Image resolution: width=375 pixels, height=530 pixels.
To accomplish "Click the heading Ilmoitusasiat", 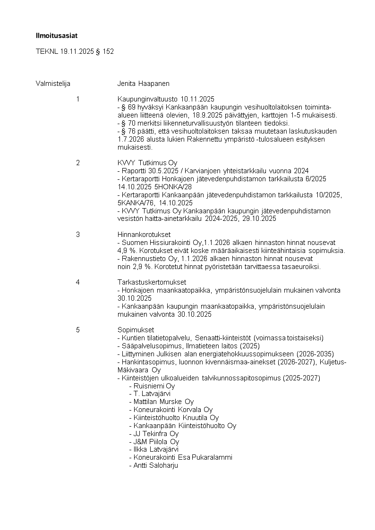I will tap(57, 35).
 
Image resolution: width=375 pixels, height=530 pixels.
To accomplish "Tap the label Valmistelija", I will tap(53, 84).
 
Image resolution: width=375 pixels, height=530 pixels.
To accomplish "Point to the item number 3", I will tap(78, 234).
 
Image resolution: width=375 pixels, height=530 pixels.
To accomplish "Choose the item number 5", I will tap(78, 329).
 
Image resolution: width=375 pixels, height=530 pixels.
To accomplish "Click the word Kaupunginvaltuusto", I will tap(147, 99).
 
